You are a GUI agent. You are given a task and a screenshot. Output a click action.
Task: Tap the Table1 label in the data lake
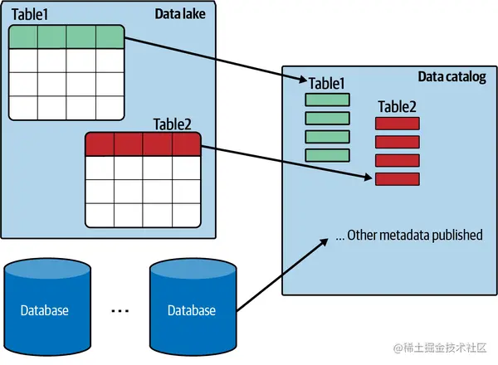click(31, 14)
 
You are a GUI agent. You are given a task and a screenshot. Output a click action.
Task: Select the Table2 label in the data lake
click(172, 124)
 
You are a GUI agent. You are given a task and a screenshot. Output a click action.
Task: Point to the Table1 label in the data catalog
click(326, 83)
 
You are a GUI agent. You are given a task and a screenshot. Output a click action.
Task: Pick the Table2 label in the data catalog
click(397, 106)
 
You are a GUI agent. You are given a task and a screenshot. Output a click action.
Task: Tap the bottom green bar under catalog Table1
click(327, 155)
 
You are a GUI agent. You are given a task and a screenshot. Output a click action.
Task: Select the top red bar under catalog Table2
click(398, 124)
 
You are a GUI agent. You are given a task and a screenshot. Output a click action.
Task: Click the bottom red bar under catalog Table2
click(398, 178)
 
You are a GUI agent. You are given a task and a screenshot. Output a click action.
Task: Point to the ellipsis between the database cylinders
click(120, 311)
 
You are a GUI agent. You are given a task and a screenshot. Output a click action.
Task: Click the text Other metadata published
click(408, 236)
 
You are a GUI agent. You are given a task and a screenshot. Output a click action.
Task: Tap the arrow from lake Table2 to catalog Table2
click(286, 163)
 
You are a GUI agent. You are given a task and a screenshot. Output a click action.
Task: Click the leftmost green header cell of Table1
click(24, 37)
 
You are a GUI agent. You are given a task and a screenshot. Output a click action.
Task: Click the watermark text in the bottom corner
click(445, 348)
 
